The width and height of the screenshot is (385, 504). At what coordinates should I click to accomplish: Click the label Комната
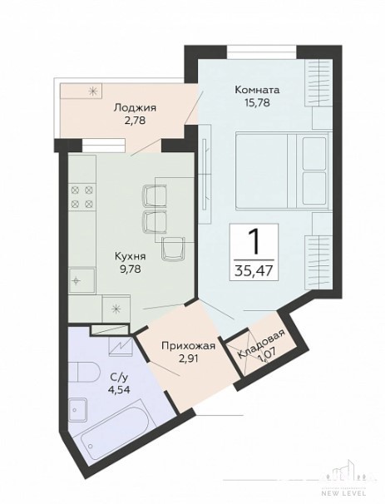[x=257, y=90]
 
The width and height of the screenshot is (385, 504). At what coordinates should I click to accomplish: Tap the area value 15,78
[x=257, y=102]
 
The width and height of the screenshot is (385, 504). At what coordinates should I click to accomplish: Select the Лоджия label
[x=135, y=108]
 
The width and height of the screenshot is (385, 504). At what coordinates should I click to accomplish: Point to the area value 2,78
[x=135, y=121]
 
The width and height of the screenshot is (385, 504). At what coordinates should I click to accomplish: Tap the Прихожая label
[x=188, y=347]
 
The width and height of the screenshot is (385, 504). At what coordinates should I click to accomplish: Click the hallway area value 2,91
[x=188, y=358]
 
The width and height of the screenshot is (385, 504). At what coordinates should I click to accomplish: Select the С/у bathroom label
[x=119, y=377]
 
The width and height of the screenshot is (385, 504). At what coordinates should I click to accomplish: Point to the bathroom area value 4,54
[x=119, y=390]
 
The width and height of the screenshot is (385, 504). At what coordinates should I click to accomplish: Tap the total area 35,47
[x=254, y=270]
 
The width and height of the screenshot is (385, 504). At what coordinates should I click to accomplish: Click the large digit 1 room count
[x=254, y=242]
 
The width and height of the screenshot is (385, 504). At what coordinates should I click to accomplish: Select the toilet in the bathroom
[x=84, y=373]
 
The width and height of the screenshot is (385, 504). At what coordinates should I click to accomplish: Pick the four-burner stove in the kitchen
[x=81, y=197]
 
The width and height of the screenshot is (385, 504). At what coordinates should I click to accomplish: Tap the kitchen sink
[x=81, y=280]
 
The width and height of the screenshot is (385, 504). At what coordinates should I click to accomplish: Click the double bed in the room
[x=282, y=170]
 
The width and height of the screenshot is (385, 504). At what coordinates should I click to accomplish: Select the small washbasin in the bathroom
[x=77, y=409]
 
